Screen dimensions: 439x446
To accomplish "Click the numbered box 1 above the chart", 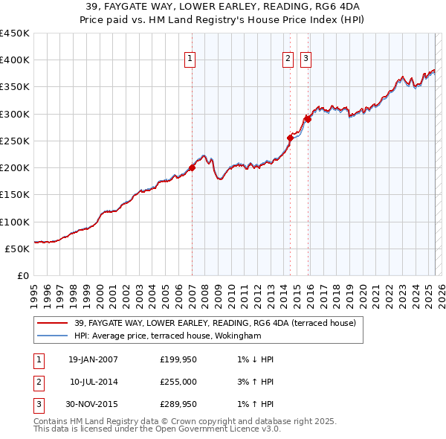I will [x=190, y=60].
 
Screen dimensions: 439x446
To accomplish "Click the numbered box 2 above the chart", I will [x=288, y=60].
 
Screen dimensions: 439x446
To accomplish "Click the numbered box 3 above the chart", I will [x=306, y=60].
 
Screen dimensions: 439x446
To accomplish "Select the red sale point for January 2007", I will [x=192, y=168].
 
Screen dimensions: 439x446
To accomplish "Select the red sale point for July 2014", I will [x=290, y=138].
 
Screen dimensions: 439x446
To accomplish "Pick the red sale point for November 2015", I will [x=308, y=119].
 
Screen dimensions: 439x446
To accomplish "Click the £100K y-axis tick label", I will [x=15, y=222].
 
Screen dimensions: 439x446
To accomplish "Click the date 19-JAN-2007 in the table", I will [x=93, y=359].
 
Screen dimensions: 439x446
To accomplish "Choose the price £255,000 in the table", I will [x=179, y=382].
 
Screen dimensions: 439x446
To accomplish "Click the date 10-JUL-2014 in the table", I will [x=93, y=382].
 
